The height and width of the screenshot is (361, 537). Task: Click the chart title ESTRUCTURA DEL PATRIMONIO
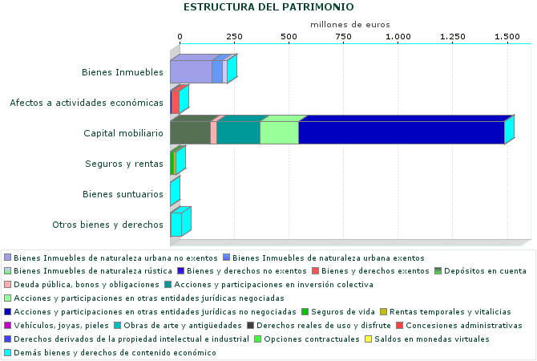click(x=268, y=7)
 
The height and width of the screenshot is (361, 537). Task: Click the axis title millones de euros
click(x=350, y=25)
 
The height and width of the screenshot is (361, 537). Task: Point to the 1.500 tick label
click(x=507, y=37)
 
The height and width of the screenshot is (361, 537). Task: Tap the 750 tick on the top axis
click(x=342, y=37)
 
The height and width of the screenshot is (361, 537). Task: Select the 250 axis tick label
click(x=234, y=37)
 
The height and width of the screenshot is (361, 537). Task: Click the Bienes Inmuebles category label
click(x=123, y=72)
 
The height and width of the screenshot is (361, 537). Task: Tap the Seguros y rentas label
click(x=124, y=164)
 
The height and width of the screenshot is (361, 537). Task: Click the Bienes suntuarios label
click(x=123, y=194)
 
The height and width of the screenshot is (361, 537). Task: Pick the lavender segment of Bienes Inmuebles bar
click(x=191, y=71)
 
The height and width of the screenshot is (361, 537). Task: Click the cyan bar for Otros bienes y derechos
click(x=176, y=225)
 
